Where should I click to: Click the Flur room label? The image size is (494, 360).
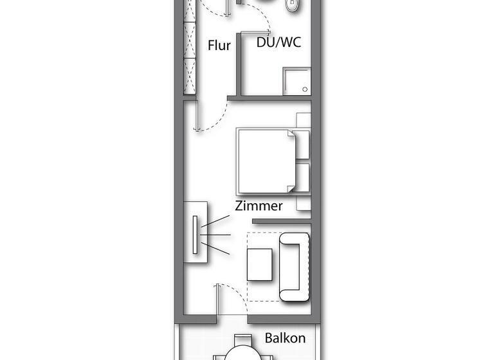click(219, 46)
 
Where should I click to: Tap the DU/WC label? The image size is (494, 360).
click(279, 44)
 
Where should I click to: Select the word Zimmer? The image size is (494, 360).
click(259, 206)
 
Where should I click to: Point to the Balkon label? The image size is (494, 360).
click(285, 338)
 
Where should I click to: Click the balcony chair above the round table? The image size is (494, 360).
click(242, 339)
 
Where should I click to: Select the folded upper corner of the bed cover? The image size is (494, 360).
click(290, 138)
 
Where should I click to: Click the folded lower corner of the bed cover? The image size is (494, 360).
click(289, 186)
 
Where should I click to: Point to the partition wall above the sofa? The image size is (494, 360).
click(281, 222)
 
